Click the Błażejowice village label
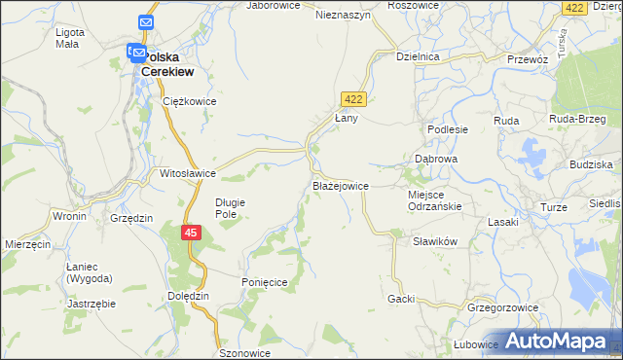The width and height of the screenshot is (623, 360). [340, 185]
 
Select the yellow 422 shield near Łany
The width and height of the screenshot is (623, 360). [352, 98]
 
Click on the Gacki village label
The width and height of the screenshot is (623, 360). [401, 299]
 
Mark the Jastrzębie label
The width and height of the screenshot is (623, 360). [92, 304]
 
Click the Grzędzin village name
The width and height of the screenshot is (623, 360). [131, 219]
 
